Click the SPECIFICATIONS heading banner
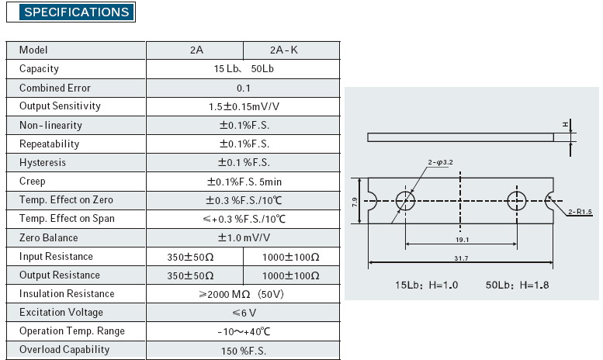coord(77,12)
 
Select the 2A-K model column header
coord(284,50)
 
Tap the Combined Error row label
coord(55,88)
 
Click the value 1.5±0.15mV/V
coord(244,106)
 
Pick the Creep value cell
coord(244,182)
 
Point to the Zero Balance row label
coord(48,237)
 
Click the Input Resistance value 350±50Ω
coord(190,257)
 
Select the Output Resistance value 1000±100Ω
coord(291,275)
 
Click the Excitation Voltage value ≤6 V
coord(244,313)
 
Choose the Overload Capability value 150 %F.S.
coord(244,351)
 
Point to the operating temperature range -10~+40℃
coord(244,331)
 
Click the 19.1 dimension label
coord(462,240)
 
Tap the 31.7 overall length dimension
coord(461,258)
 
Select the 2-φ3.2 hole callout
coord(440,162)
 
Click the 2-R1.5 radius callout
coord(580,212)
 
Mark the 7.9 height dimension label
coord(355,202)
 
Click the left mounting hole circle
coord(405,192)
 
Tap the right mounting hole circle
coord(517,192)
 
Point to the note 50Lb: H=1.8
coord(517,285)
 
